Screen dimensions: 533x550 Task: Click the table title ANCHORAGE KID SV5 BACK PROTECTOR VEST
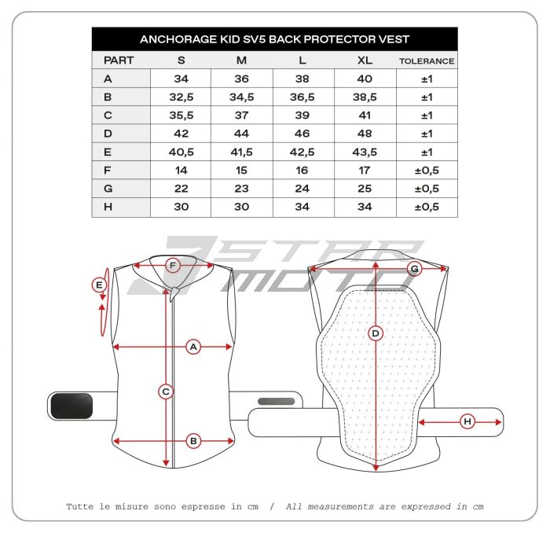[274, 39]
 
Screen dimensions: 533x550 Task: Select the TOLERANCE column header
[427, 61]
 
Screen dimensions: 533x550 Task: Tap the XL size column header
[365, 61]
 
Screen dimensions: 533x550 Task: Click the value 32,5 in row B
[181, 97]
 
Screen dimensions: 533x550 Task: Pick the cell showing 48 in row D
[365, 133]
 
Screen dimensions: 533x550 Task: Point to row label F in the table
[108, 170]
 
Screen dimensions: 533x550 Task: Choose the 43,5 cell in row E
[365, 152]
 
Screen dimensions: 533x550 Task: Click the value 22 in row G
[181, 189]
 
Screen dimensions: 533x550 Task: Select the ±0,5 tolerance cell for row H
[427, 208]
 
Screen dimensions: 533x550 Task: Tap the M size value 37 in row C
[242, 115]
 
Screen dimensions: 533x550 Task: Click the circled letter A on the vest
[193, 346]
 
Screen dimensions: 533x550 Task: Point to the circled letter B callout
[193, 441]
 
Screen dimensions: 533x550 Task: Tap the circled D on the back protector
[376, 333]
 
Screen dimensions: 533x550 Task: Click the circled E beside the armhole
[99, 285]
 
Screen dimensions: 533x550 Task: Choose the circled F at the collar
[174, 266]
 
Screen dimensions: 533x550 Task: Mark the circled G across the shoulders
[415, 269]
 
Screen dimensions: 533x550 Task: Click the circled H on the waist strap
[467, 422]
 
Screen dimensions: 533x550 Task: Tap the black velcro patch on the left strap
[70, 406]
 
